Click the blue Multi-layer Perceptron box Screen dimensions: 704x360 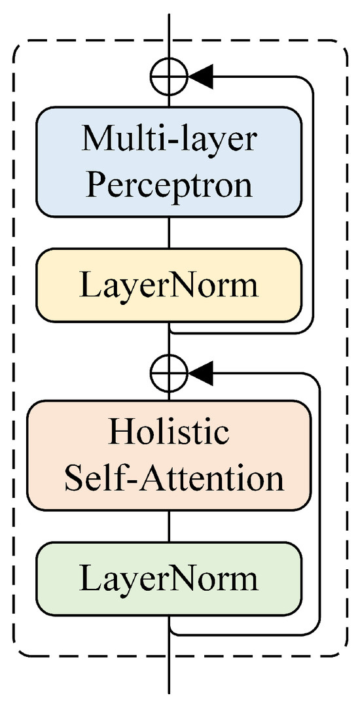[x=169, y=162]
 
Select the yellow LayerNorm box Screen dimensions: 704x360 [x=169, y=286]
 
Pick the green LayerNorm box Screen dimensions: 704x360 [x=169, y=578]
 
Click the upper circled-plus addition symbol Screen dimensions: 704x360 [x=170, y=77]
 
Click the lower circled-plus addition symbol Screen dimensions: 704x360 [x=170, y=373]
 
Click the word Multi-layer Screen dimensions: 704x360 [x=169, y=138]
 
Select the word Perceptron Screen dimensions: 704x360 [x=169, y=185]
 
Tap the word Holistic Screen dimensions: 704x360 [x=169, y=432]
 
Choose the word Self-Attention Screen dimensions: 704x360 [x=173, y=479]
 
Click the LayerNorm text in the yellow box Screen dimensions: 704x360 [x=169, y=286]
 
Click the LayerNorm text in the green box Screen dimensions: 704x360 [x=169, y=578]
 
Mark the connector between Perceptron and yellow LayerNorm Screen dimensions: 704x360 [x=170, y=232]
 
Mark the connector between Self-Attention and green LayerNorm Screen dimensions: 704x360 [x=170, y=526]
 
